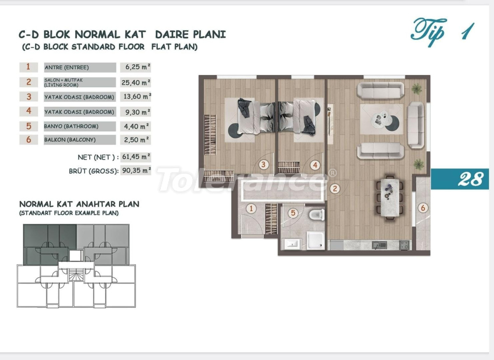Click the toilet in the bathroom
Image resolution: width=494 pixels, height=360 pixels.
click(x=317, y=215)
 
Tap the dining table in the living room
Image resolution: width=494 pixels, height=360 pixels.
click(x=390, y=198)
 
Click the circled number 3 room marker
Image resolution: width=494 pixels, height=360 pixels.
click(x=263, y=164)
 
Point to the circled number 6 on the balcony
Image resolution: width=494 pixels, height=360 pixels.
click(x=423, y=208)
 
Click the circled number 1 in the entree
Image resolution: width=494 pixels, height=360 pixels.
click(x=251, y=208)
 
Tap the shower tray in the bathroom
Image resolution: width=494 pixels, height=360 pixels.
click(x=316, y=241)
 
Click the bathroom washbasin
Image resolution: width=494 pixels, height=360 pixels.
click(x=291, y=244)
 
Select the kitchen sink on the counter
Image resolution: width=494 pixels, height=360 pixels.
click(x=379, y=245)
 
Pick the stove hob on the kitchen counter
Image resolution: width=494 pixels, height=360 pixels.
click(x=404, y=245)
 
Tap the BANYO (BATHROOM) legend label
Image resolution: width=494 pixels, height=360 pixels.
click(x=71, y=126)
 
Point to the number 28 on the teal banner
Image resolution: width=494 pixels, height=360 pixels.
click(x=471, y=179)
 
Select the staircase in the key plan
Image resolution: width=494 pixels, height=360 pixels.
click(x=76, y=275)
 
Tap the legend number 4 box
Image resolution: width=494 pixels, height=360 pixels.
click(x=28, y=111)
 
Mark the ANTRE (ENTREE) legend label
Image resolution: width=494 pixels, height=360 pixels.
click(x=67, y=68)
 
